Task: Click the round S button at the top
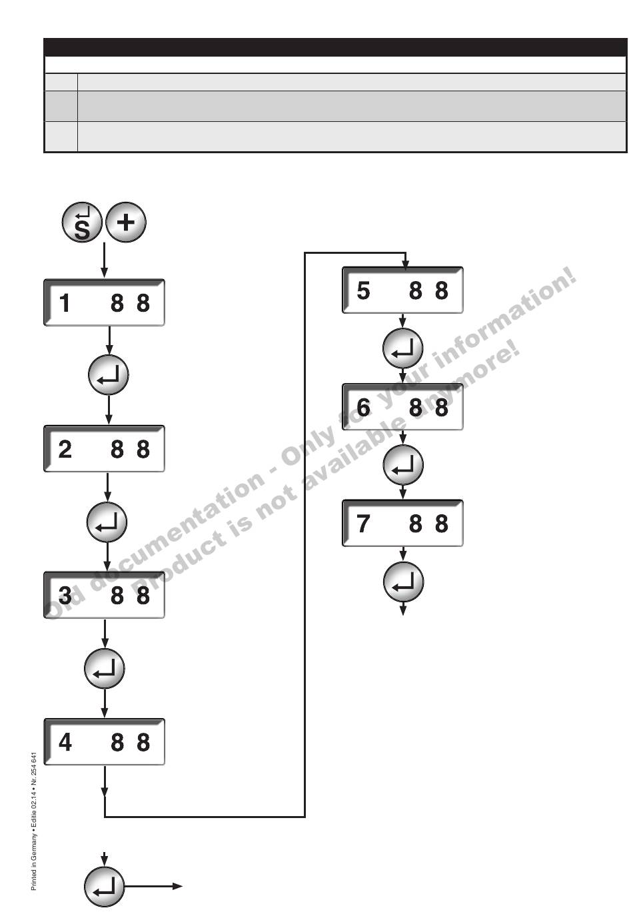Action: coord(81,223)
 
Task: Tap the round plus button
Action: coord(125,223)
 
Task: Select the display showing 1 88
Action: coord(104,303)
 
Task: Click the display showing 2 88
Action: coord(104,449)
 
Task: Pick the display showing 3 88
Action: coord(104,595)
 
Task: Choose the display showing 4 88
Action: coord(104,741)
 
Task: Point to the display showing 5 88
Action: coord(402,290)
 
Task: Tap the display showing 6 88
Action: coord(402,407)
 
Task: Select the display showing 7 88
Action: coord(402,524)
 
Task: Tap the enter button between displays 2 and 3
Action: coord(107,522)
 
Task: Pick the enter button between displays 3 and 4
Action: coord(105,669)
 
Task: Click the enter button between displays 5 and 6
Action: coord(403,348)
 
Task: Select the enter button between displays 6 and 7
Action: coord(403,465)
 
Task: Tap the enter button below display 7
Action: coord(403,582)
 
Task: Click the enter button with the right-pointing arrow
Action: coord(105,887)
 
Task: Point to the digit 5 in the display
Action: coord(363,290)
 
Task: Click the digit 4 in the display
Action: coord(65,741)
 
